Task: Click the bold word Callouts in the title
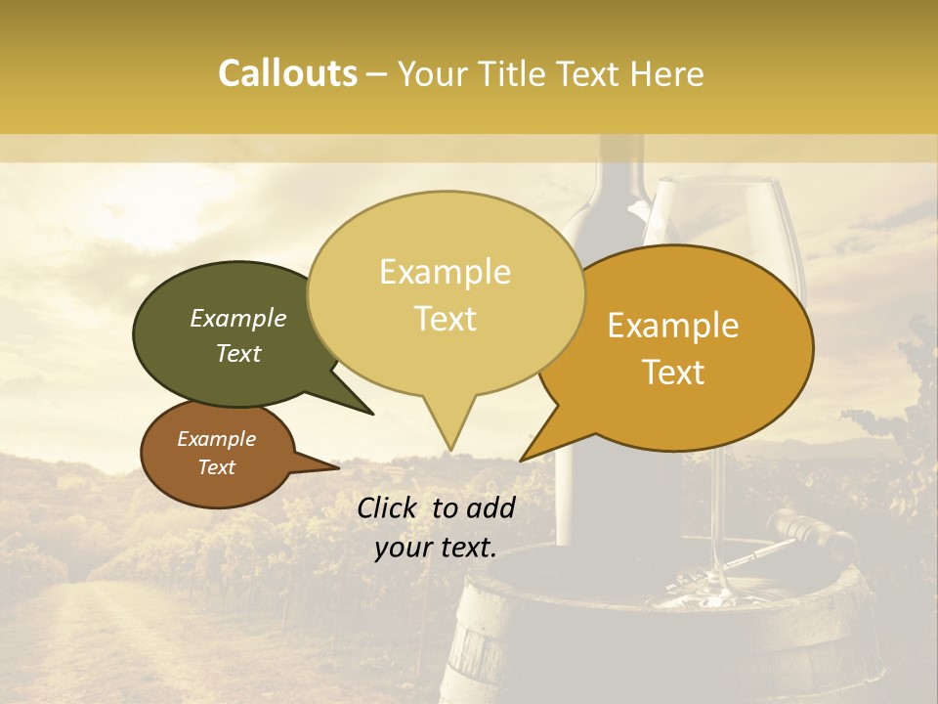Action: pos(287,74)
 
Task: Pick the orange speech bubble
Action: pos(684,411)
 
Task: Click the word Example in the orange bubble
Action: pos(673,326)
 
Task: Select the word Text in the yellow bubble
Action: pos(446,319)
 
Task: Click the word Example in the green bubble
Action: pos(238,318)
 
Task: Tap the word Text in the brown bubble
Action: pos(217,467)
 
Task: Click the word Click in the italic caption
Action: pos(388,507)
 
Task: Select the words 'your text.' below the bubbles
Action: pos(436,549)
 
